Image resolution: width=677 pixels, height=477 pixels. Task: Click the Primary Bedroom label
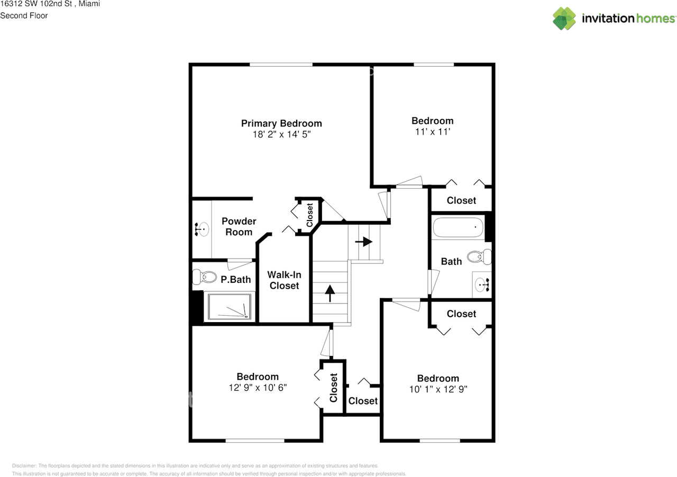point(281,123)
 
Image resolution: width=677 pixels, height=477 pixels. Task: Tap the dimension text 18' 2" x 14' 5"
point(281,134)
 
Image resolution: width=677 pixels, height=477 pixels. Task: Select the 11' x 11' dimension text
point(432,132)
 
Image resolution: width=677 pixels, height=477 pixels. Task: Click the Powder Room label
point(239,226)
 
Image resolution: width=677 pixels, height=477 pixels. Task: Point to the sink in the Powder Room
point(200,230)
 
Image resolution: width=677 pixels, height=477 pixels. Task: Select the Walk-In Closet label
point(284,280)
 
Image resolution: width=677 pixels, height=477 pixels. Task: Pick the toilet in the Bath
point(483,257)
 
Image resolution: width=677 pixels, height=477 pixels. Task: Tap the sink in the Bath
point(482,285)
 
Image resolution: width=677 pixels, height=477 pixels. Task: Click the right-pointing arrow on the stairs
point(364,242)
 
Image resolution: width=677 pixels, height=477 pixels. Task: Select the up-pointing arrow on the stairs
point(330,293)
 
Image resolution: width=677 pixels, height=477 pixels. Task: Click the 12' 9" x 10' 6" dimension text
point(258,388)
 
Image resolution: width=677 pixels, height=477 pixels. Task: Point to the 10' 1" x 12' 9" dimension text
point(438,389)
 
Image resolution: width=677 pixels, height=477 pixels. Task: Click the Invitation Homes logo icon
point(564,19)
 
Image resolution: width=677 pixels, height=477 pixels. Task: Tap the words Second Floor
point(24,15)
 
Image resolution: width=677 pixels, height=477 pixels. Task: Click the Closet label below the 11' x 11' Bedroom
point(461,200)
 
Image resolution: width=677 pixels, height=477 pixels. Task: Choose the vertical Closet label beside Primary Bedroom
point(309,213)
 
